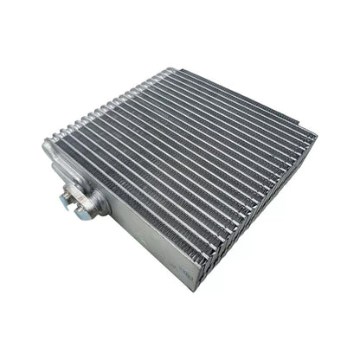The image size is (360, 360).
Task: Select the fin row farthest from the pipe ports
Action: coord(251,104)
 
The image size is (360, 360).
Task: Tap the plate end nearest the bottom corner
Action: coord(208,268)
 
